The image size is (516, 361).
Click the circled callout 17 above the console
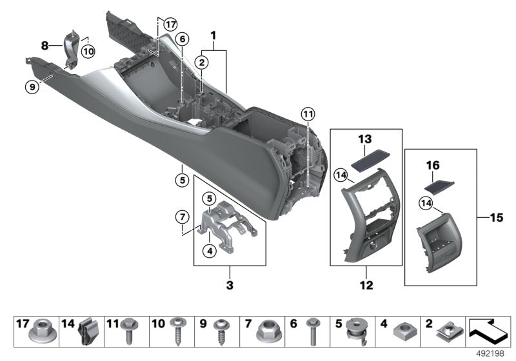pyautogui.click(x=170, y=24)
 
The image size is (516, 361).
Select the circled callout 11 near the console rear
pyautogui.click(x=308, y=115)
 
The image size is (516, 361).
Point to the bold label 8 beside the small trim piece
pyautogui.click(x=45, y=46)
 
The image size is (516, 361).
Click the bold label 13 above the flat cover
pyautogui.click(x=366, y=140)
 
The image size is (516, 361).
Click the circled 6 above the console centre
pyautogui.click(x=183, y=39)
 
